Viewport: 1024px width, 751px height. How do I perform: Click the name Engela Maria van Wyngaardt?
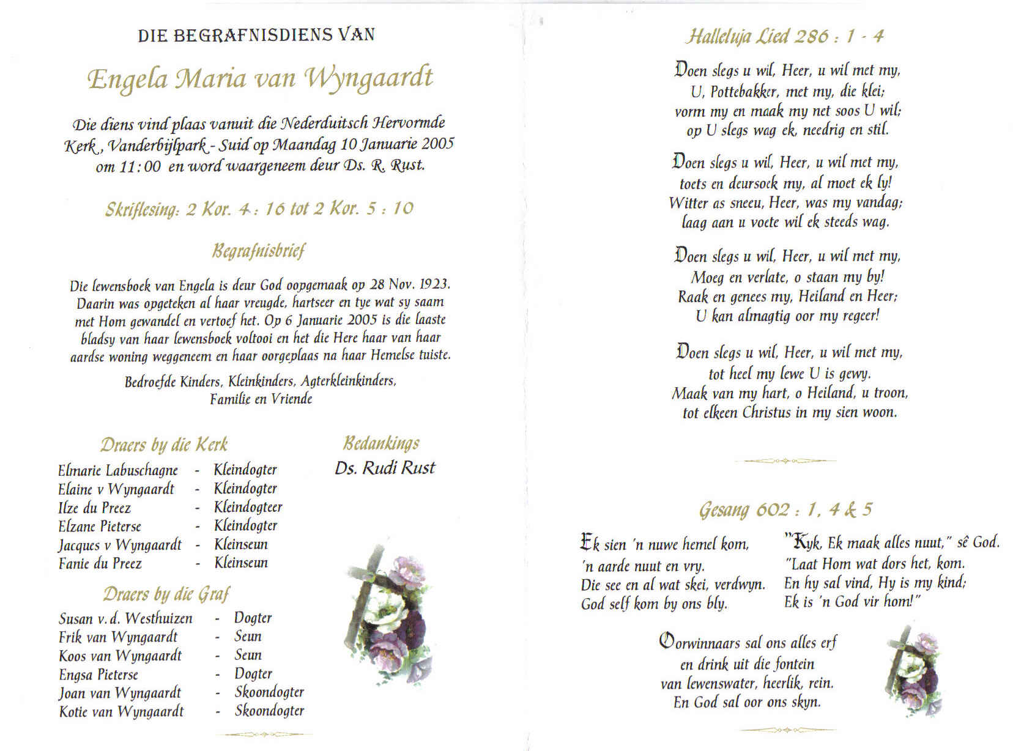(260, 78)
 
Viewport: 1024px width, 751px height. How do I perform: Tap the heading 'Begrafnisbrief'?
(258, 251)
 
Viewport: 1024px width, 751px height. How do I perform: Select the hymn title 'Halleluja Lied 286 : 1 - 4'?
(784, 36)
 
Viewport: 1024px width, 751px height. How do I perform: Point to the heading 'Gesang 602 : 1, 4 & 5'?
(785, 509)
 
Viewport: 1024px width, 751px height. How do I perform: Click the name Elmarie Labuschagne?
(117, 470)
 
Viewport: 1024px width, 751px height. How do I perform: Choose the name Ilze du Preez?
(94, 508)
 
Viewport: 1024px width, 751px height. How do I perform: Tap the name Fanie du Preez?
(100, 563)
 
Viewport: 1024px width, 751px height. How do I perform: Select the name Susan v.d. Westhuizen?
(125, 618)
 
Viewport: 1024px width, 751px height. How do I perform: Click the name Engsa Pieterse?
(98, 675)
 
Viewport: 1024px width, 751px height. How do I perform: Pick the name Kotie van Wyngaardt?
(121, 711)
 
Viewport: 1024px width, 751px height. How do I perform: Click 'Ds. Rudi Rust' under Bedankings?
(385, 468)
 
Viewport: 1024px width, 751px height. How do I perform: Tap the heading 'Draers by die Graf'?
(166, 594)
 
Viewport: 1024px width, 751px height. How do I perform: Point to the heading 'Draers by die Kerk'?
(164, 445)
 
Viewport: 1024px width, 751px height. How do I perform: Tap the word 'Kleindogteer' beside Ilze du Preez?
(248, 507)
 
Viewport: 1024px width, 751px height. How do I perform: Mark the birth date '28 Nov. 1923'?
(410, 284)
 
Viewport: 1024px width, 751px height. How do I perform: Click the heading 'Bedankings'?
(382, 443)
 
